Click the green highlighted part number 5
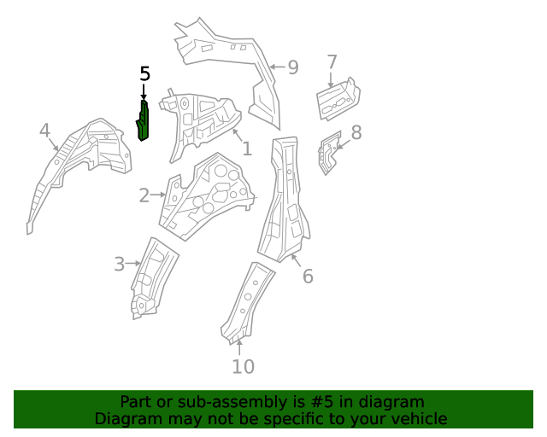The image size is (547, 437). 144,119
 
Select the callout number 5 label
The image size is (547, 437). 144,74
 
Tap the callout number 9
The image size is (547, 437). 293,67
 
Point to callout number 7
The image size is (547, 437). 332,61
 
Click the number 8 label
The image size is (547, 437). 356,132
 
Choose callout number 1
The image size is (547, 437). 246,149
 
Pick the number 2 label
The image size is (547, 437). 144,196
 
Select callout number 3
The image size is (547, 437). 120,265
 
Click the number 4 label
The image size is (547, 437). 44,131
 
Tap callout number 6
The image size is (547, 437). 308,276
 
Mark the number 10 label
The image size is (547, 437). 243,367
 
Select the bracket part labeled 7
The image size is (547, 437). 338,99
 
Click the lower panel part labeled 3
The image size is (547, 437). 152,277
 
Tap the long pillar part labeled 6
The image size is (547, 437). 285,201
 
